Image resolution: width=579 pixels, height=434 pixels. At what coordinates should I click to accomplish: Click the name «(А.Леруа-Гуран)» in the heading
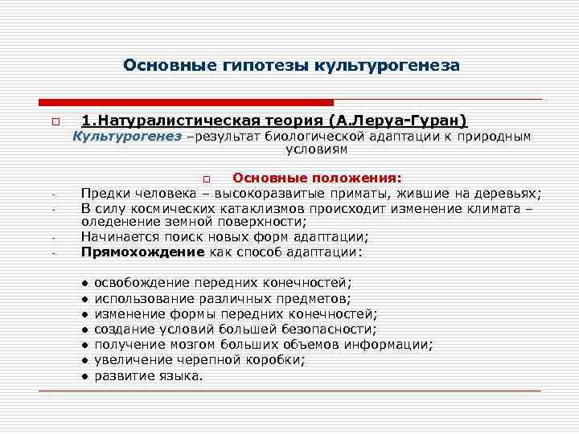tap(397, 121)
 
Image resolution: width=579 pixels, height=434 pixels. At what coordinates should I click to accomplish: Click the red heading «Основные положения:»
tap(317, 178)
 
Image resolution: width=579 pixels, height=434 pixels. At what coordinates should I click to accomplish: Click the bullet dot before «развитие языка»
tap(84, 375)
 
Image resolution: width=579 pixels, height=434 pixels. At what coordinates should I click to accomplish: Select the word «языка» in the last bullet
tap(181, 375)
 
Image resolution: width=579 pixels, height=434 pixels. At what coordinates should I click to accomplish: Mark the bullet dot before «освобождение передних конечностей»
tap(84, 283)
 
